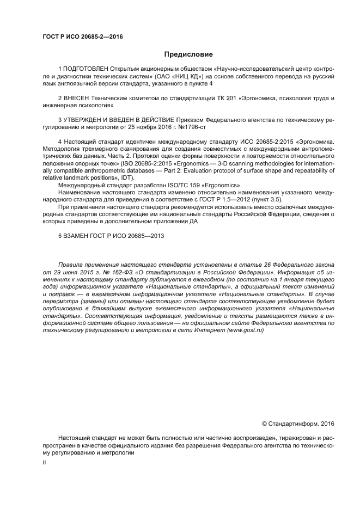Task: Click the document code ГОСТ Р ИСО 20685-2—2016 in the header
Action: click(x=83, y=37)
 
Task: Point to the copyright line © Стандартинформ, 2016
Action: click(x=298, y=423)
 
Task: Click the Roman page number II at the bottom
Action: click(x=44, y=462)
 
